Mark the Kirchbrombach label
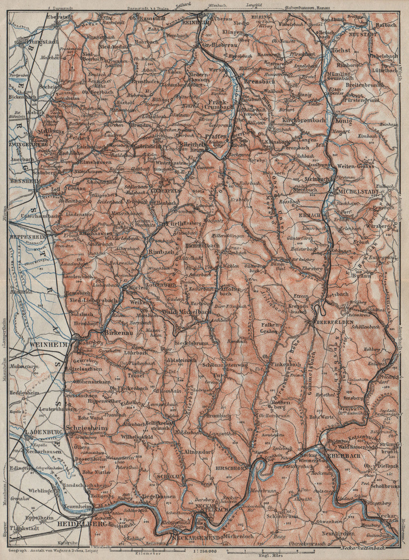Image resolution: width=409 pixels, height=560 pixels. [304, 120]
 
